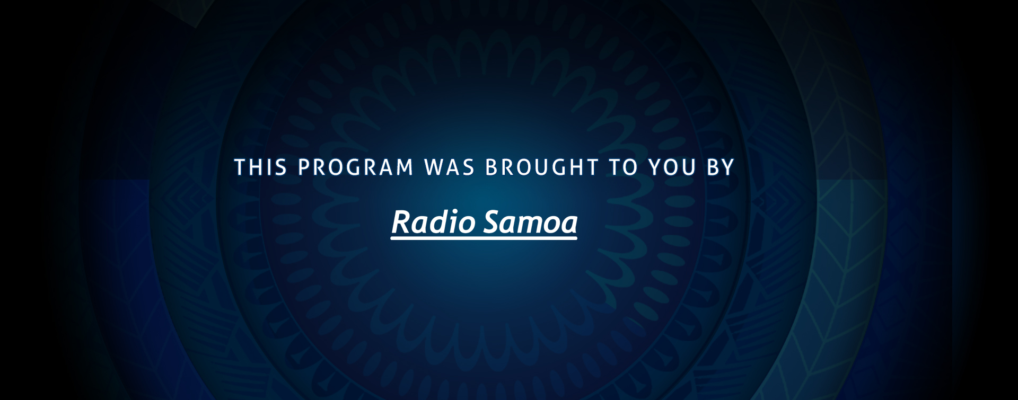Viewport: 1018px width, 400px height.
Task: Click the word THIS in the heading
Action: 261,167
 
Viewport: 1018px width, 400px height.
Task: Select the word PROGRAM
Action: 356,167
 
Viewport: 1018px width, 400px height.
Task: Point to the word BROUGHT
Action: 542,167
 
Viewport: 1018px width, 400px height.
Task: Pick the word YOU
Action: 672,167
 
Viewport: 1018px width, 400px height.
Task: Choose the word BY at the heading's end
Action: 721,167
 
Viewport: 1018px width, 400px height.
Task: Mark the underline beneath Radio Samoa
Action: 484,239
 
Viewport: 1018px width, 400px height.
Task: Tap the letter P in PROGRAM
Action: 304,167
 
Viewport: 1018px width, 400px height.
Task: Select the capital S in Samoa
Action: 493,221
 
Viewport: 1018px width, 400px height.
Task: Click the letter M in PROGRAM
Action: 405,167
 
